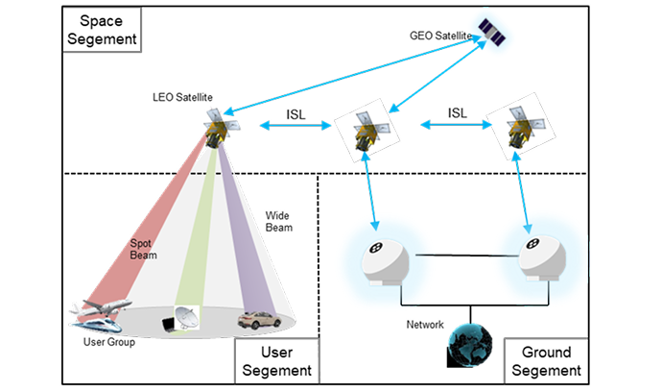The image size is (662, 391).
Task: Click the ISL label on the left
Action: click(297, 114)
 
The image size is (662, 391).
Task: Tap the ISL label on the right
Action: click(457, 113)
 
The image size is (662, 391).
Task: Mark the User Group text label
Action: click(106, 340)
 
